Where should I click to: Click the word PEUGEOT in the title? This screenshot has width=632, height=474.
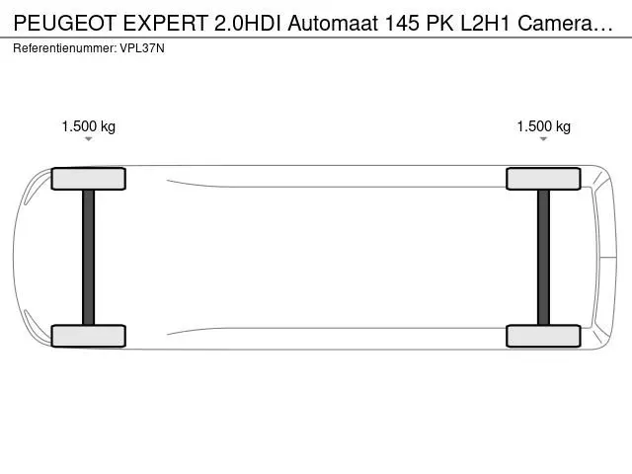click(x=65, y=24)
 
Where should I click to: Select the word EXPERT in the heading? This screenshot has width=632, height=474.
click(x=165, y=24)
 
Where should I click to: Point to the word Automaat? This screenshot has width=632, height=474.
click(x=333, y=24)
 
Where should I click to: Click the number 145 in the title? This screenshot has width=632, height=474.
click(x=402, y=24)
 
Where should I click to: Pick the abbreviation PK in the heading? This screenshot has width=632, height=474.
click(x=439, y=24)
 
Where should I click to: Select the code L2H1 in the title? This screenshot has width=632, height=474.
click(x=485, y=24)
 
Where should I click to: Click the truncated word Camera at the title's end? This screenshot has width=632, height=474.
click(x=565, y=24)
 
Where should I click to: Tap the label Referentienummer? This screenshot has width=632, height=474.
click(x=65, y=48)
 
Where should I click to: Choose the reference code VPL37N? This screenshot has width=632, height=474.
click(x=142, y=48)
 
